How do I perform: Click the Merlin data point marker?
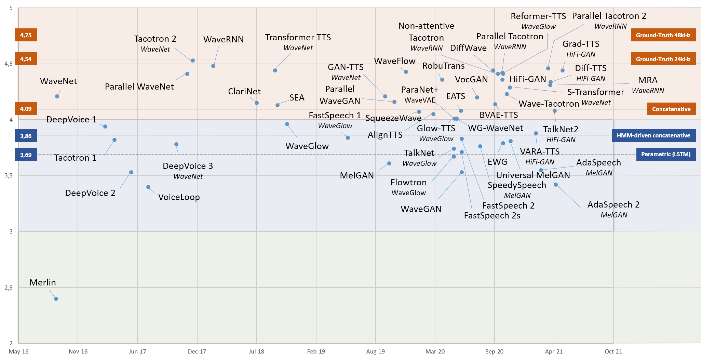click(x=56, y=299)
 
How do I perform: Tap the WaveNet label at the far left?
click(x=58, y=81)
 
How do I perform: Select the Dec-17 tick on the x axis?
click(x=197, y=351)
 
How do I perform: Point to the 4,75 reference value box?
click(x=26, y=35)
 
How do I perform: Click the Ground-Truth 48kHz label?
click(x=663, y=35)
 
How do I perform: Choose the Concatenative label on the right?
click(x=671, y=109)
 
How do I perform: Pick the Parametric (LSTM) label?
click(x=665, y=154)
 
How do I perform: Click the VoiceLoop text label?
click(x=179, y=197)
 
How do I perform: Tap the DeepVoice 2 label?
click(x=90, y=193)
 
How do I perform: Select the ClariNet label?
click(x=244, y=92)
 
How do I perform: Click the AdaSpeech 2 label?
click(x=613, y=205)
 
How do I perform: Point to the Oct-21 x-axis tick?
click(x=613, y=351)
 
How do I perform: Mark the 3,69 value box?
click(x=26, y=155)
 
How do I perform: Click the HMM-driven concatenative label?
click(x=653, y=135)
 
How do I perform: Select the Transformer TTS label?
click(x=298, y=38)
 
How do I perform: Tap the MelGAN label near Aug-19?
click(x=357, y=176)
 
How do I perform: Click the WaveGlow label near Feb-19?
click(x=307, y=146)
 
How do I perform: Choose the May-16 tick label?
click(x=19, y=351)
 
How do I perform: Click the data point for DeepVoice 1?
click(x=105, y=126)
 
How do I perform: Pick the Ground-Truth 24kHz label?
click(x=663, y=59)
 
